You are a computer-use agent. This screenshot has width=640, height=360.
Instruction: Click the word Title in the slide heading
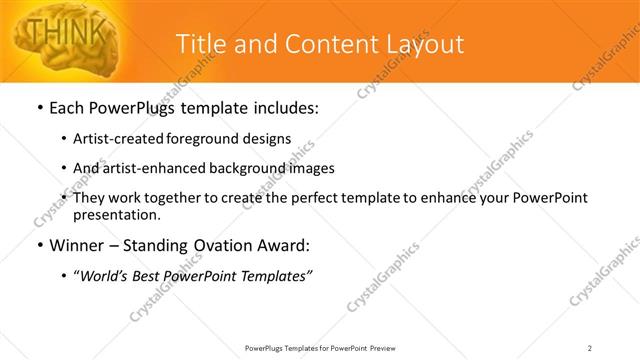(x=197, y=44)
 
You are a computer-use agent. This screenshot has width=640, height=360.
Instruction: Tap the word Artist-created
(x=112, y=139)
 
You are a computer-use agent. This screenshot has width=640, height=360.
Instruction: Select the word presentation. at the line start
(x=116, y=214)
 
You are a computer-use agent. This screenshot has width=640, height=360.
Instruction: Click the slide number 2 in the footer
(x=590, y=348)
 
